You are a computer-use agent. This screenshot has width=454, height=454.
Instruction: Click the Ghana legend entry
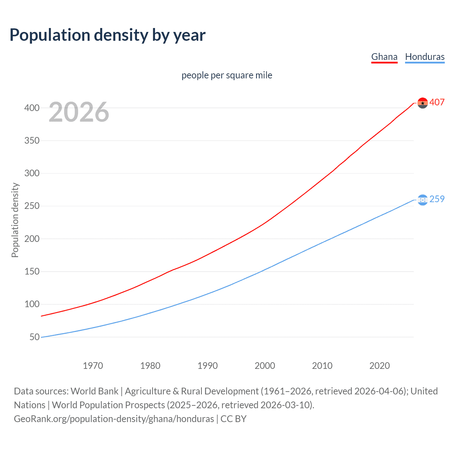coord(384,57)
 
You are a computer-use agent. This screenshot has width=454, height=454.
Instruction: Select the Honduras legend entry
coord(425,57)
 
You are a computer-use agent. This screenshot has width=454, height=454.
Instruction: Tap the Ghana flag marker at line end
coord(422,103)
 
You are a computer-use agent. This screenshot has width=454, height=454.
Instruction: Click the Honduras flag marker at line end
coord(422,200)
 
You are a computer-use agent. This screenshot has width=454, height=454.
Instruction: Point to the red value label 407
coord(437,103)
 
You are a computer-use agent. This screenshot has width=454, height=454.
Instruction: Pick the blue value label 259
coord(437,199)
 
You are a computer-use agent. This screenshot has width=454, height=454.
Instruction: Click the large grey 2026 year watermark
coord(79,112)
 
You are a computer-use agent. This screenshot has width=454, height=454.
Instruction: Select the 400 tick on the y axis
coord(32,108)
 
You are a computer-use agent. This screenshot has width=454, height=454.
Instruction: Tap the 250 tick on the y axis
coord(32,206)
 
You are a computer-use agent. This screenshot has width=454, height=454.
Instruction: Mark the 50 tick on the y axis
coord(34,337)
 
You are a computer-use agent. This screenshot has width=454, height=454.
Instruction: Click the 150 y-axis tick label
coord(32,272)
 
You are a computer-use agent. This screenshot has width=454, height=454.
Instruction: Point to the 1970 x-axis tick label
coord(93,366)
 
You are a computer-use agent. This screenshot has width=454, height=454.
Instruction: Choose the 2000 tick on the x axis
coord(265,366)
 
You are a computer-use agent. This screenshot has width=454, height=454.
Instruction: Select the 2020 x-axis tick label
coord(380,366)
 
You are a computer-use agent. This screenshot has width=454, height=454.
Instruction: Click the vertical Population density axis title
coord(15,220)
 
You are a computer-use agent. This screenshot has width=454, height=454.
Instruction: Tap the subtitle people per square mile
coord(227,76)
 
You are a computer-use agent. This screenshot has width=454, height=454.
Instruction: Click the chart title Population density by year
coord(107,35)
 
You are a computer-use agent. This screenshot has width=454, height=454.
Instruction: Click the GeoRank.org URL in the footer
coord(114,419)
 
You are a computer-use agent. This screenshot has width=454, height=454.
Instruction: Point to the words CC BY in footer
coord(233,419)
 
